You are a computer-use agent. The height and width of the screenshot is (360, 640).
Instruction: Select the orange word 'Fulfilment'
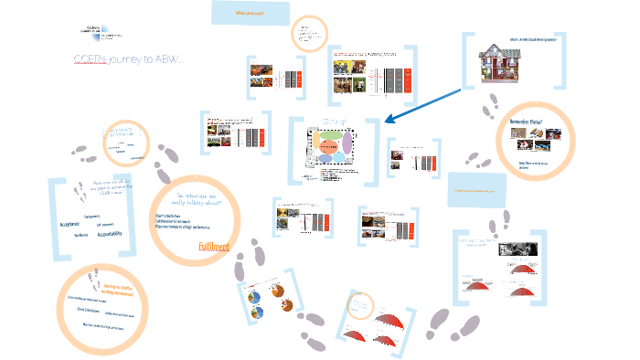(x=213, y=246)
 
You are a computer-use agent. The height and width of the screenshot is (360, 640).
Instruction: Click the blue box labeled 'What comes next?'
(x=250, y=14)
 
